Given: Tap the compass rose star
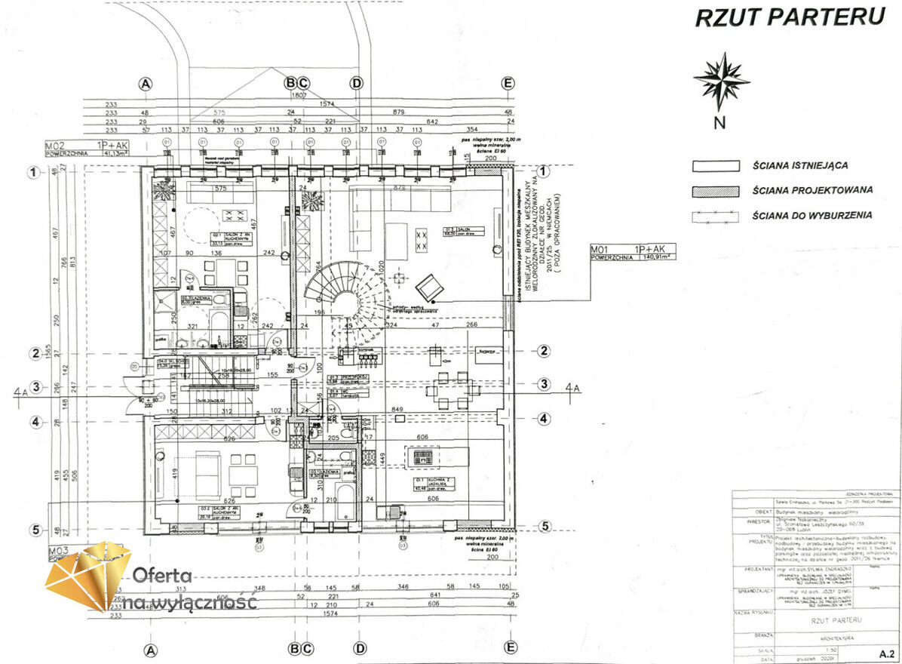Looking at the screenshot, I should [721, 80].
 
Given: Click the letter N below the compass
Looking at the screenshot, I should [720, 123].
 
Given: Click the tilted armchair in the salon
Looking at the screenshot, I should [430, 287].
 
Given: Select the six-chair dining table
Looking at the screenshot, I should [452, 387].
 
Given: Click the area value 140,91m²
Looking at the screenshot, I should [654, 257].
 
